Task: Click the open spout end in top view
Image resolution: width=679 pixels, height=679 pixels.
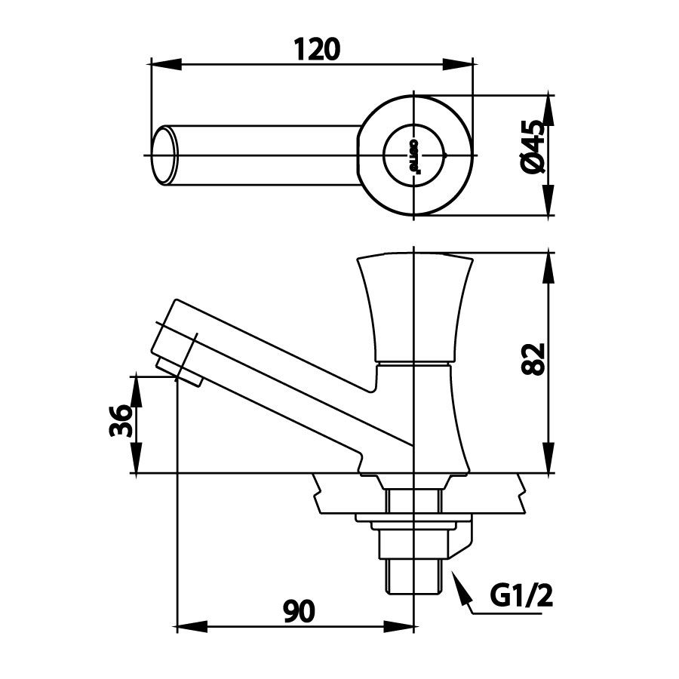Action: [165, 156]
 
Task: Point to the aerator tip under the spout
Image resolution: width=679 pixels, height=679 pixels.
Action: [182, 370]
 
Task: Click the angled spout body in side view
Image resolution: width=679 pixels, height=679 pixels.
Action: [287, 377]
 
